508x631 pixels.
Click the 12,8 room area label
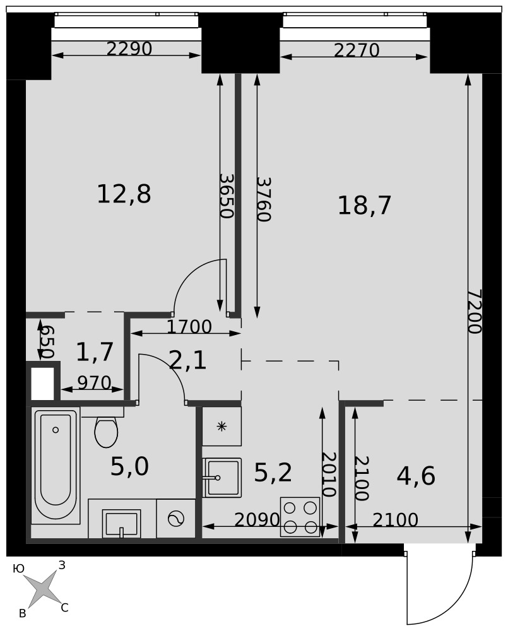[124, 194]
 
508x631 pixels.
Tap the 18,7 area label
[364, 205]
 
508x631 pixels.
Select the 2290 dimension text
[129, 49]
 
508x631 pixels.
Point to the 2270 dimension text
[357, 50]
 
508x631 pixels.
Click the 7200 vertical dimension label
[475, 312]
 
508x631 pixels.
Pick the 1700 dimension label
[189, 327]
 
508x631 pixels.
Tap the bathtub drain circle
[56, 430]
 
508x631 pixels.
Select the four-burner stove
[300, 517]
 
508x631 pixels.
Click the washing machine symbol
[176, 519]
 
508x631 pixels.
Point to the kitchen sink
[222, 478]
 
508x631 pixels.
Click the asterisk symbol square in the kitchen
[222, 426]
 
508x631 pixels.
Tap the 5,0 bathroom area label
[129, 467]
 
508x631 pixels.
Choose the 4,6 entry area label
[416, 476]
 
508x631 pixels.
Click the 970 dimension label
[94, 383]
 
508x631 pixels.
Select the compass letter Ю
[18, 569]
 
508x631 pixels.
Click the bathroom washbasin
[121, 523]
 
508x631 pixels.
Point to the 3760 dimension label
[263, 199]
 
